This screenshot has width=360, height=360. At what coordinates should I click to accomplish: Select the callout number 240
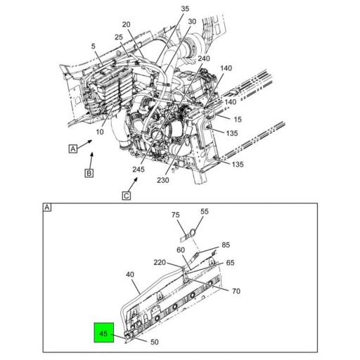coord(184,58)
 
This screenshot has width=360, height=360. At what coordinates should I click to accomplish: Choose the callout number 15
coord(238,119)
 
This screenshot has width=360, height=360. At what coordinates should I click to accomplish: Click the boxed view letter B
coord(89,173)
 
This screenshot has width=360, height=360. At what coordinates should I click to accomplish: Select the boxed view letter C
coord(126,195)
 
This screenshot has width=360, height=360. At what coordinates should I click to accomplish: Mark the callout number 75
coord(176,215)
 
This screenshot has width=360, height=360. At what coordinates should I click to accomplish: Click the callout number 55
coord(205,211)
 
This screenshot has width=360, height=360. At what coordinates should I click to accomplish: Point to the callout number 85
coord(226,245)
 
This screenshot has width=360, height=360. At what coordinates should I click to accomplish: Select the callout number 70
coord(236,290)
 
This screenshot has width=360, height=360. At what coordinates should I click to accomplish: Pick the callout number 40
coord(129,274)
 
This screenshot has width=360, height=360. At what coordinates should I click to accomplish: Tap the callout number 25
coord(119,37)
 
